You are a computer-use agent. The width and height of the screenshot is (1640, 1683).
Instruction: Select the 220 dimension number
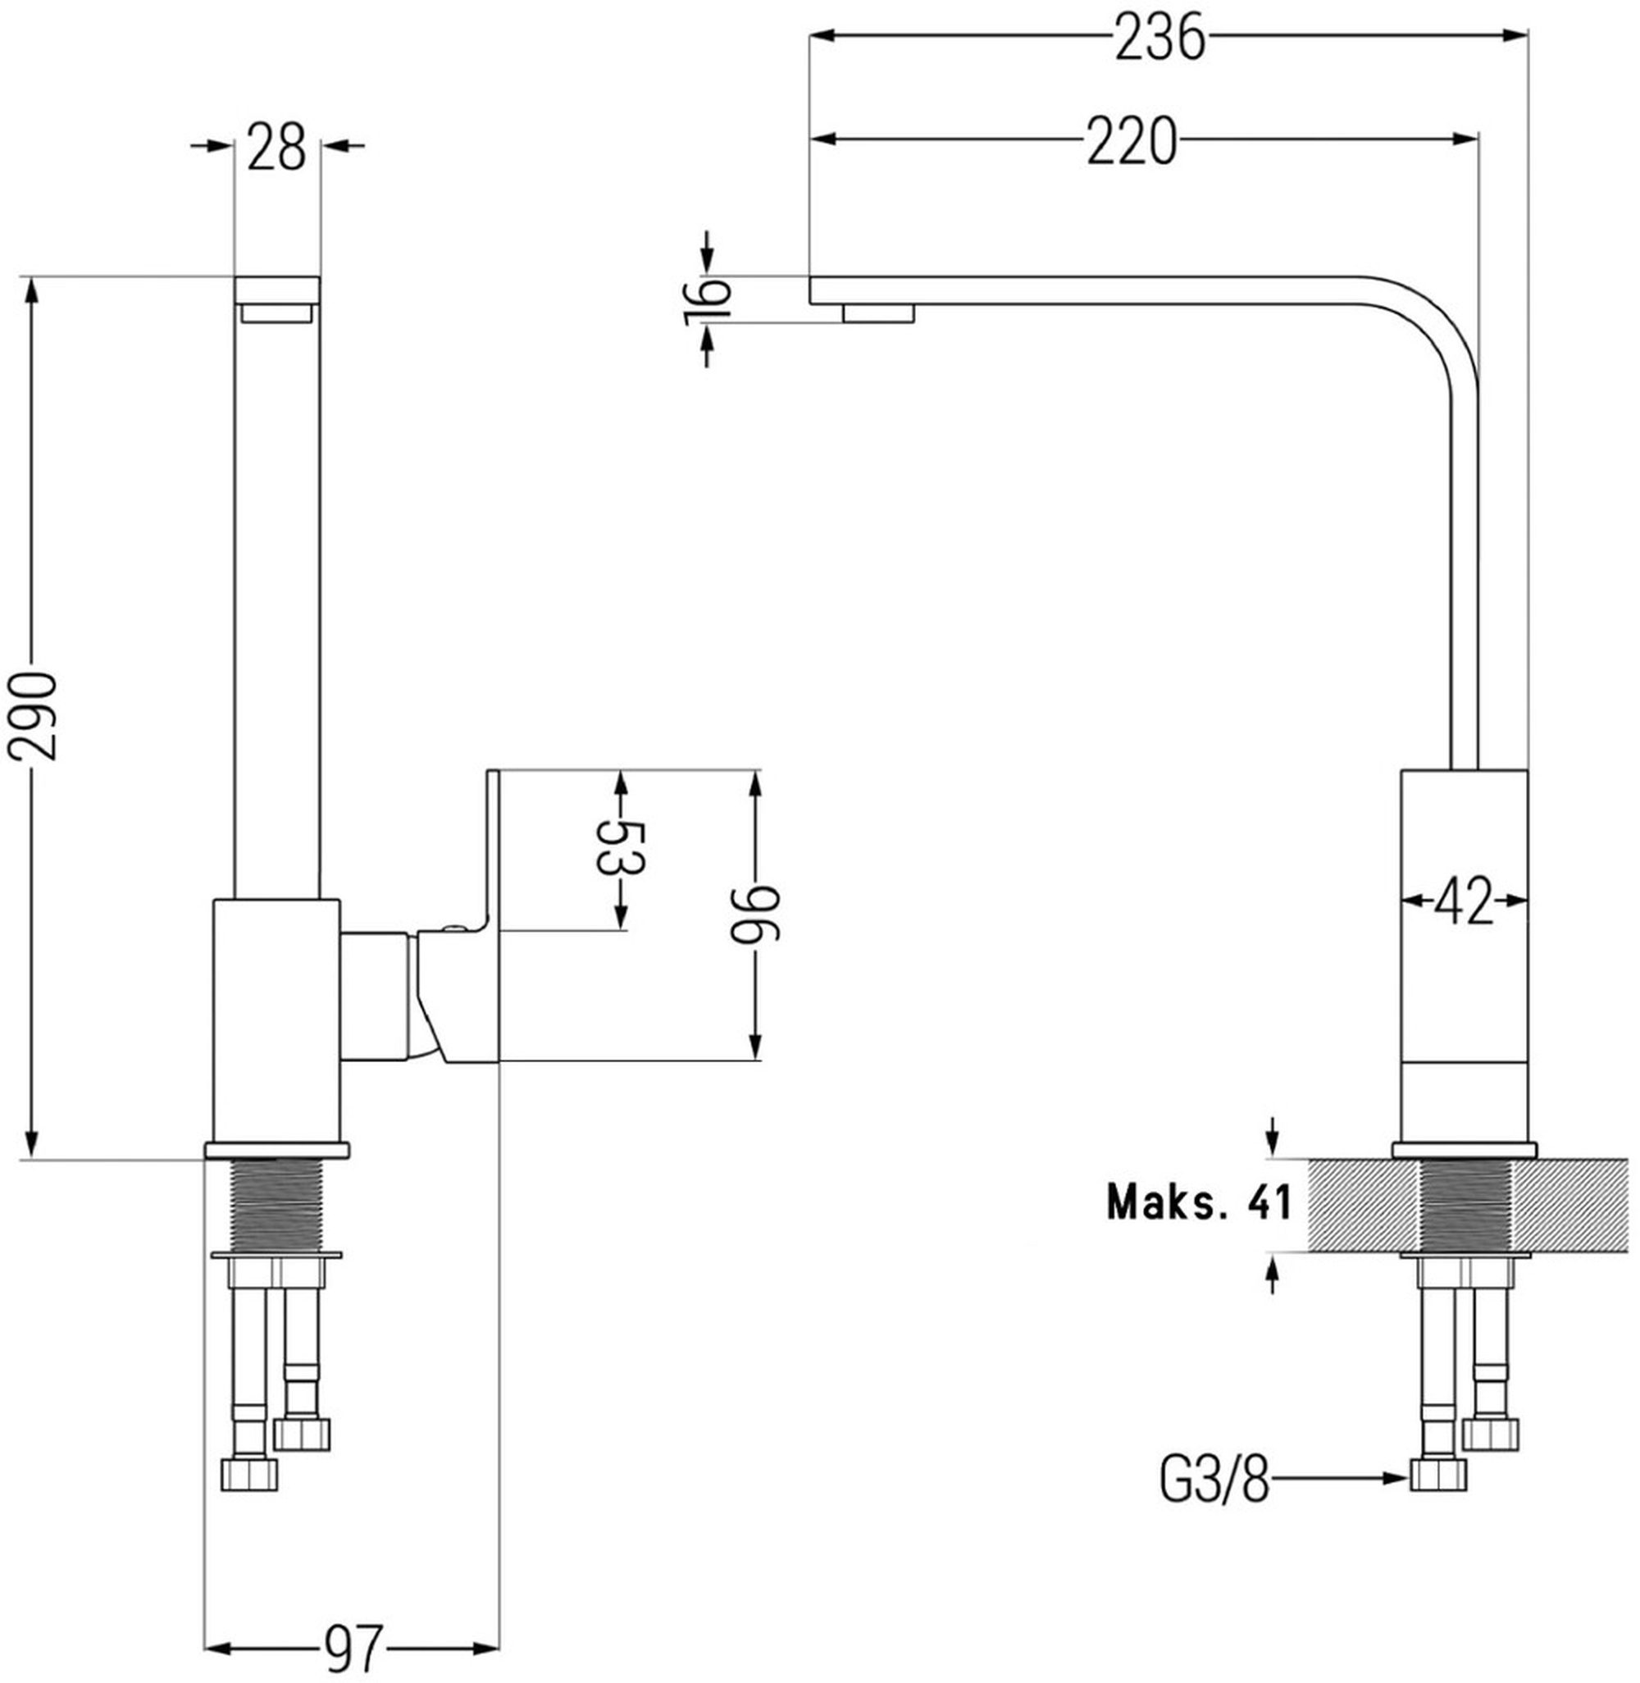click(x=1131, y=141)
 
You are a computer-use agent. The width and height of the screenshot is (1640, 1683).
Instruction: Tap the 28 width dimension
click(x=277, y=147)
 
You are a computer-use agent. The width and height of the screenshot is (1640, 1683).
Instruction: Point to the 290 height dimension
click(x=33, y=717)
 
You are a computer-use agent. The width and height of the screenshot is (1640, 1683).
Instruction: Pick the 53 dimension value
click(x=620, y=848)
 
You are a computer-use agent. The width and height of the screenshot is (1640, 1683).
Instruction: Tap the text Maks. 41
click(x=1199, y=1202)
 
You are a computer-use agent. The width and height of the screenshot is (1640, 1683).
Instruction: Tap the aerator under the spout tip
click(x=878, y=312)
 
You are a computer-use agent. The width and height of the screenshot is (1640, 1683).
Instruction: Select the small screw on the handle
click(x=453, y=928)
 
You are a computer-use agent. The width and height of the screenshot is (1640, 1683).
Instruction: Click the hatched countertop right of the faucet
click(x=1569, y=1205)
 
